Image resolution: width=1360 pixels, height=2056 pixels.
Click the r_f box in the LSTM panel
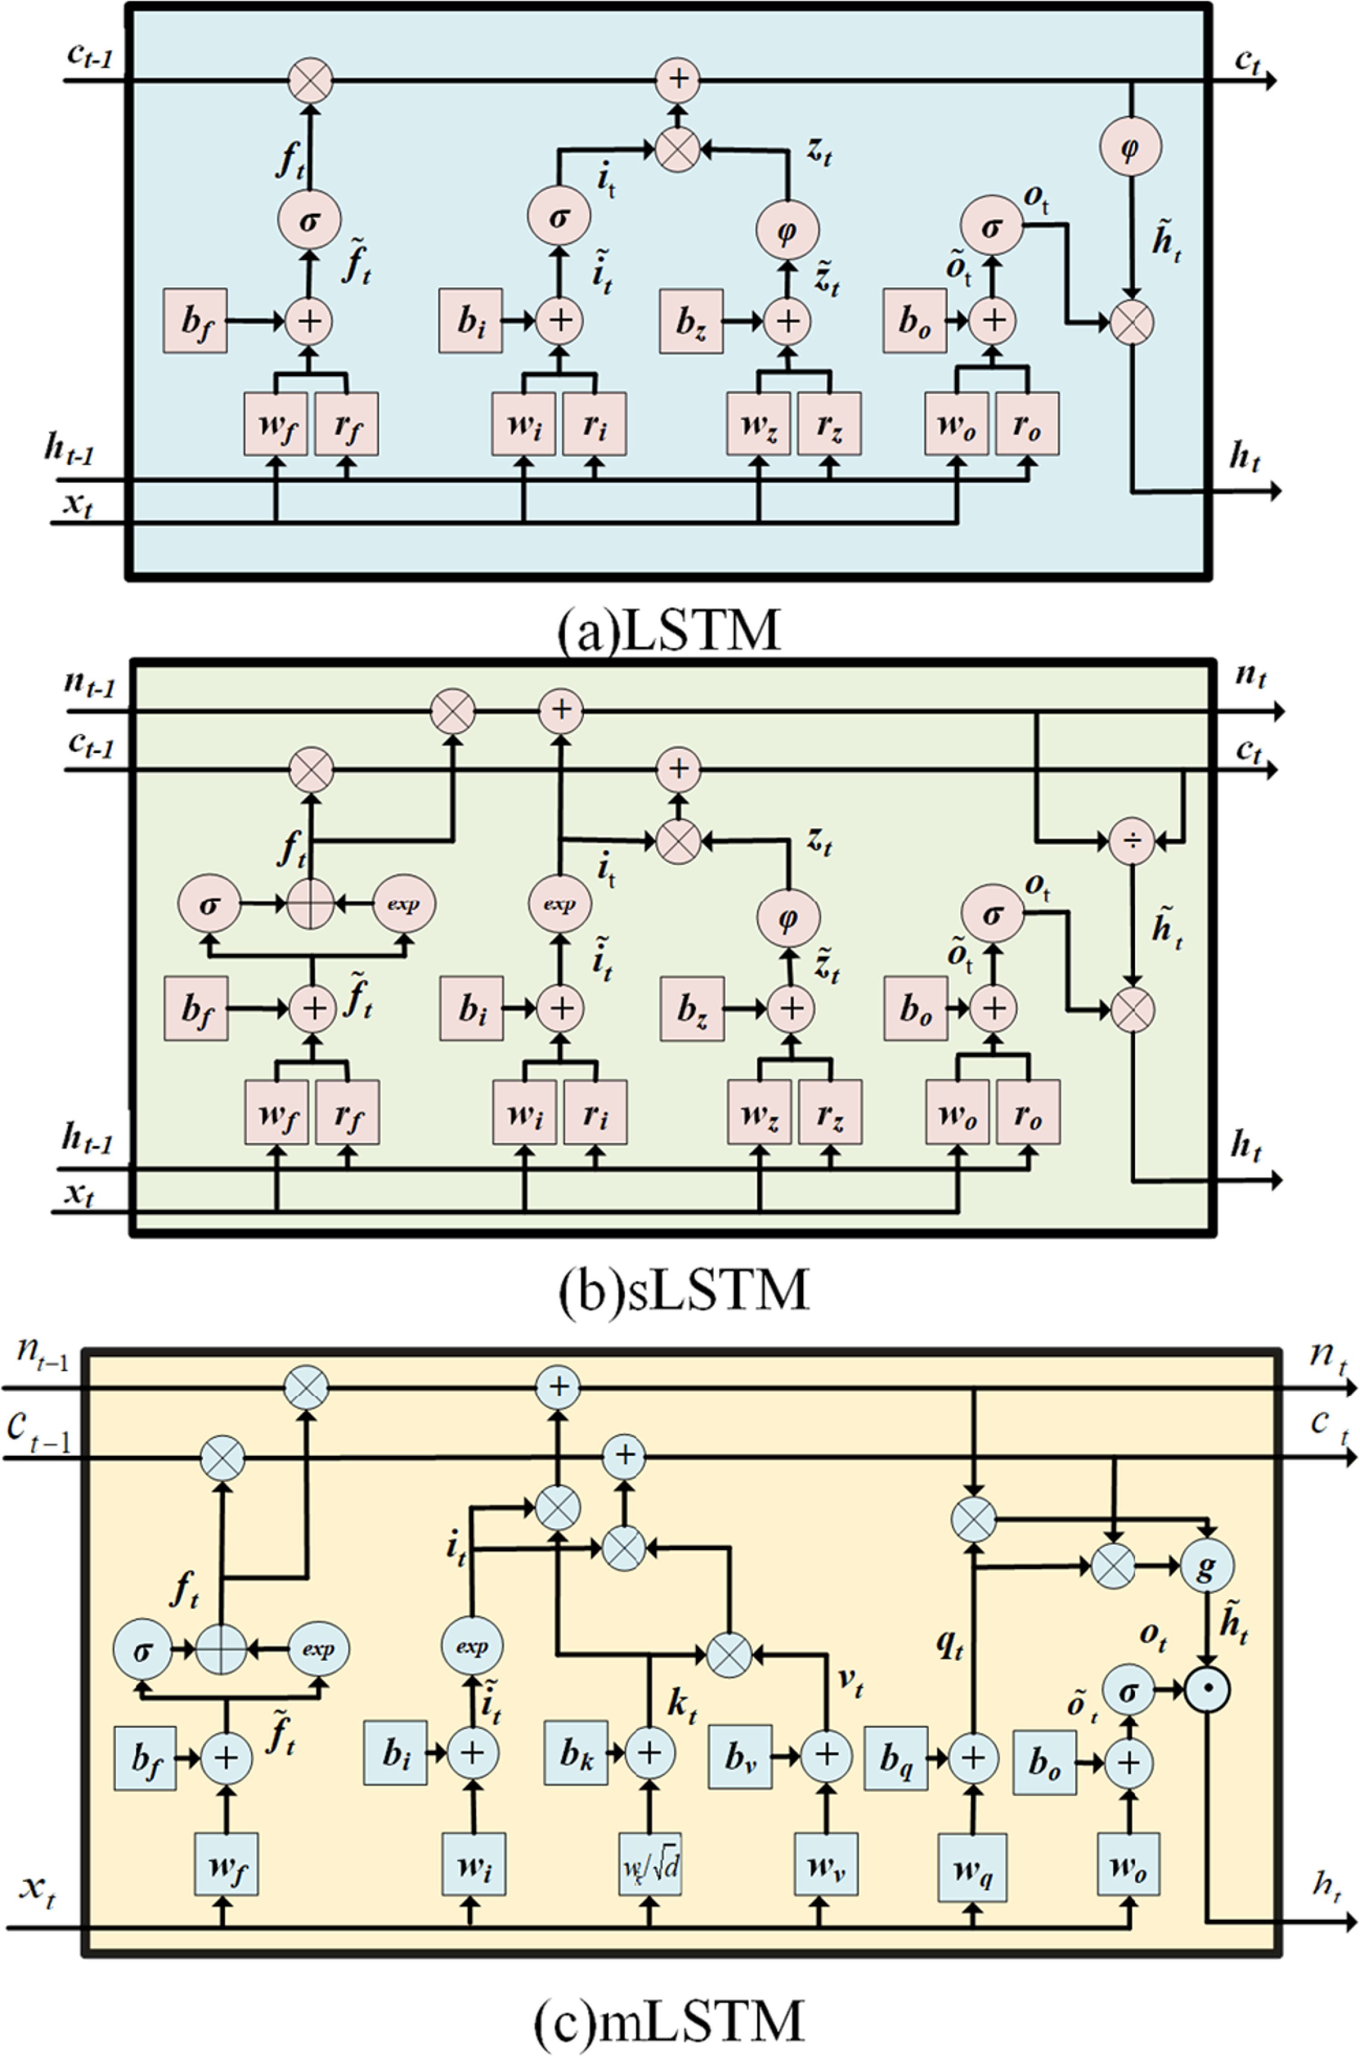[346, 424]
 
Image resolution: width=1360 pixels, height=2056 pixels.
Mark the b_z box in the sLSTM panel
[691, 1008]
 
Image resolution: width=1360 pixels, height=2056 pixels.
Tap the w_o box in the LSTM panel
[956, 424]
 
